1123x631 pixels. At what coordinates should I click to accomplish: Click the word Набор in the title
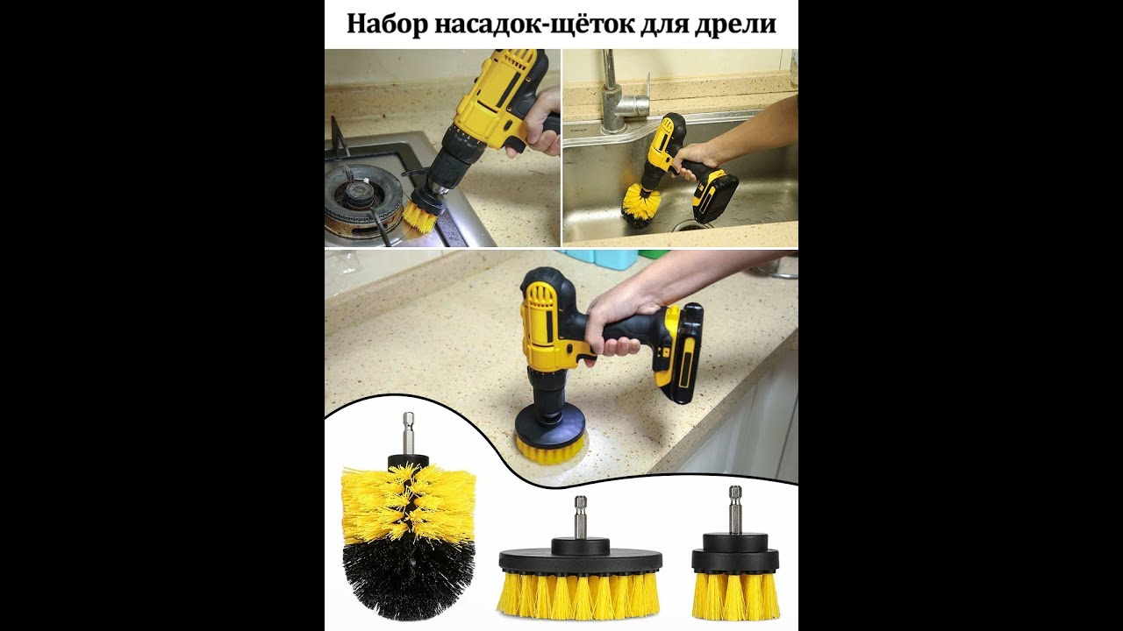point(387,24)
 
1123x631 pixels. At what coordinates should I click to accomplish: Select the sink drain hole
point(693,226)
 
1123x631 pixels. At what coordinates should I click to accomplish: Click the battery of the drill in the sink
point(715,195)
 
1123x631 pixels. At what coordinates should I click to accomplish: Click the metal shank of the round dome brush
point(408,434)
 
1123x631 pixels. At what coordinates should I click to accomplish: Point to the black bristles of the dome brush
point(409,580)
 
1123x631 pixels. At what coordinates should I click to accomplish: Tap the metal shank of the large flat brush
point(581,517)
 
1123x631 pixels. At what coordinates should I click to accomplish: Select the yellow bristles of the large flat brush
point(578,594)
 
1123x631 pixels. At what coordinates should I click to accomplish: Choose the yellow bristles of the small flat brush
point(735,595)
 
